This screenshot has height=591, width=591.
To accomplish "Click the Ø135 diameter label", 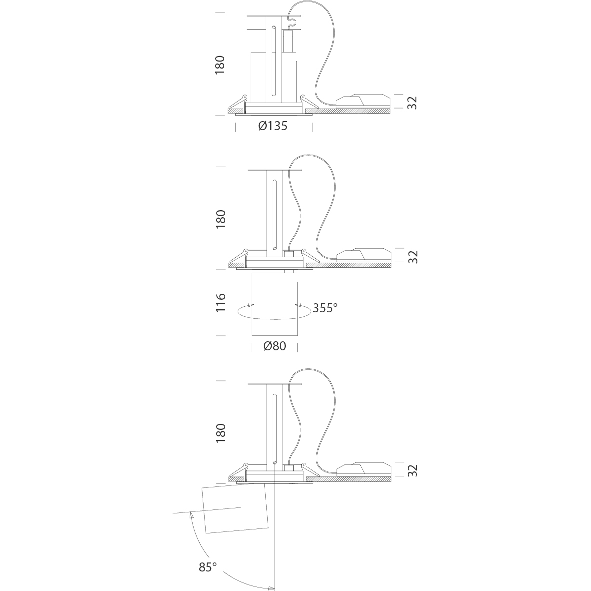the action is [273, 126].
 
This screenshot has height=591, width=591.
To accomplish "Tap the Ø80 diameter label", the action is [275, 346].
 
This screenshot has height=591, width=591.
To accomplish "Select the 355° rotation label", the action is [325, 308].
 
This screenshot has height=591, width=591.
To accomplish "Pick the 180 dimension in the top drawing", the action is [219, 65].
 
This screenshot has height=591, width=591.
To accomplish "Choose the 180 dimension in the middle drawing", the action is [220, 219].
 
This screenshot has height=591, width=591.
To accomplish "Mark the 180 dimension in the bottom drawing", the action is [220, 433].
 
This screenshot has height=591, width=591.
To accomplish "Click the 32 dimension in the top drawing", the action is [413, 103].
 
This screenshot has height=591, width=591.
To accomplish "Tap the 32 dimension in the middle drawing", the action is [413, 257].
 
